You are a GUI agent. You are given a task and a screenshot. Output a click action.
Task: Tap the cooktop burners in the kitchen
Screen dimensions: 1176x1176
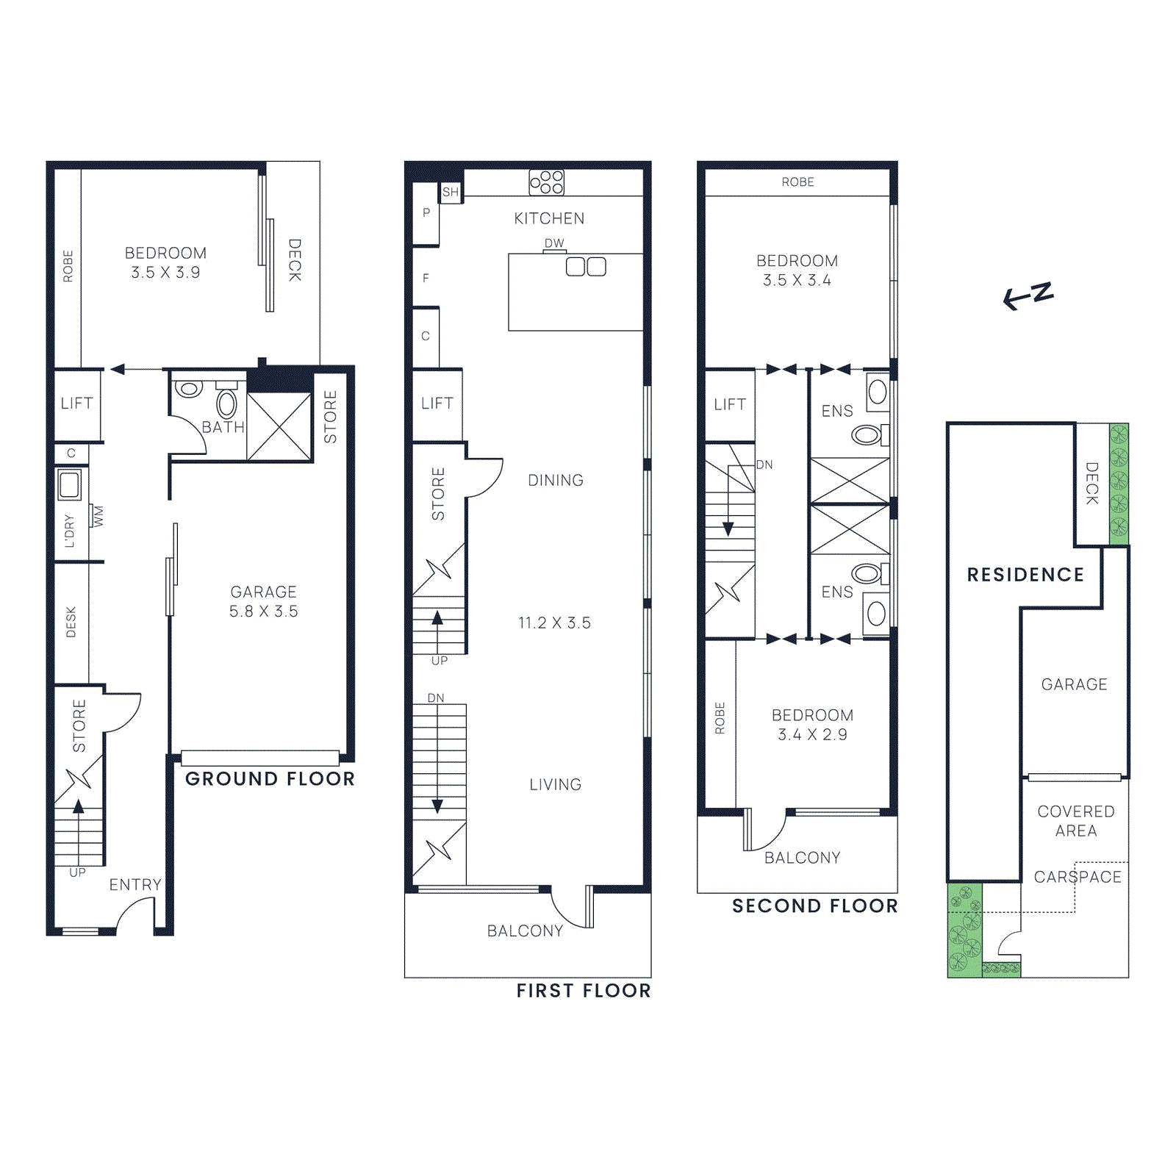click(546, 182)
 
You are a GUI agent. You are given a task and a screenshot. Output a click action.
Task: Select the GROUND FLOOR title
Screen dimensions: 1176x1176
click(270, 779)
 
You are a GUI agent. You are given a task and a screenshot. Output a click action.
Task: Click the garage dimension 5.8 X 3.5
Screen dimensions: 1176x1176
click(263, 612)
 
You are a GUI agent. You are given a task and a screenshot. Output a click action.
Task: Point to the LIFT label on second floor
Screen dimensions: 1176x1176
click(729, 404)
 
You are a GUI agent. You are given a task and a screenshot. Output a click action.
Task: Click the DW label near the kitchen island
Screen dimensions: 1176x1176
click(554, 243)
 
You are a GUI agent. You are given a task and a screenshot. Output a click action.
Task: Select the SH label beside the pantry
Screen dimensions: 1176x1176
click(451, 193)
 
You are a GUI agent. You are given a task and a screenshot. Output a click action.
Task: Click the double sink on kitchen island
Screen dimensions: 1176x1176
click(586, 267)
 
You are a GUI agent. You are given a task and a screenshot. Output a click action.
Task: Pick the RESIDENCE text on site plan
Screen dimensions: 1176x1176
click(1025, 575)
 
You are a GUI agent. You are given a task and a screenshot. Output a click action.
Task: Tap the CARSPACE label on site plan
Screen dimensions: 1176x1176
click(1078, 877)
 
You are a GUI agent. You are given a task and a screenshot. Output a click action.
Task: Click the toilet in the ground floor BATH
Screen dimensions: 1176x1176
click(226, 404)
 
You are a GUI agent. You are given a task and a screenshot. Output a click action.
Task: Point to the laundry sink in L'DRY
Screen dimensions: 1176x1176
click(70, 484)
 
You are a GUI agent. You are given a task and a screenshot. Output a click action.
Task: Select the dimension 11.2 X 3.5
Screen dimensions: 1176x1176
click(554, 623)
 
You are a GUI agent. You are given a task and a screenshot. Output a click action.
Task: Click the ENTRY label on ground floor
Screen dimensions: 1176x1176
click(135, 885)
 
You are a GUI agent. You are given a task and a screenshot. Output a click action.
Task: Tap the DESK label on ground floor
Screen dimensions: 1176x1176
click(71, 622)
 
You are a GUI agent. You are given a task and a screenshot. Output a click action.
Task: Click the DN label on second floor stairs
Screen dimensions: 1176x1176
click(764, 465)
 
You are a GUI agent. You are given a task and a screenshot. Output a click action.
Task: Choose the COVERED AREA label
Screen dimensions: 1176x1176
click(1076, 821)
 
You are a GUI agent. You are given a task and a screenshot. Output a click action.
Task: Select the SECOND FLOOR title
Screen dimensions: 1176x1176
click(814, 906)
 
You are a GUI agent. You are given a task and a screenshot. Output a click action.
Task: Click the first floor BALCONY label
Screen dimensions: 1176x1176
click(525, 931)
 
